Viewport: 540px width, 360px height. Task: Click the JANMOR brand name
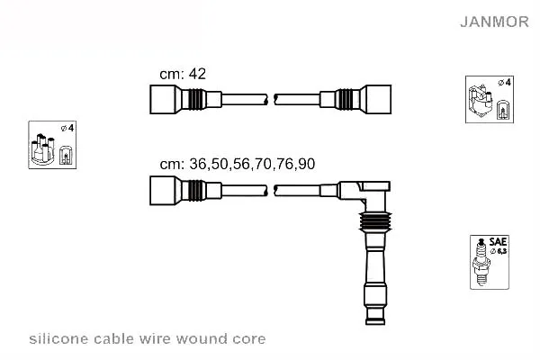494,22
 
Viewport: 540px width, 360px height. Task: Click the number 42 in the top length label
197,74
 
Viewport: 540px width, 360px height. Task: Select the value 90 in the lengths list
307,164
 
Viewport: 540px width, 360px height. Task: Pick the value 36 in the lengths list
198,164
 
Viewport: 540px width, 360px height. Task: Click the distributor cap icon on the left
52,145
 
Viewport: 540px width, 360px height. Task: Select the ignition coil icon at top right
490,100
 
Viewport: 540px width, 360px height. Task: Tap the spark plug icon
481,262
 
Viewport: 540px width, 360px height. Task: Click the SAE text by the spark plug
498,241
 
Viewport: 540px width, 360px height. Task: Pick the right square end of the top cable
378,100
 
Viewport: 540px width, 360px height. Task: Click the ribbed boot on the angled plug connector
375,221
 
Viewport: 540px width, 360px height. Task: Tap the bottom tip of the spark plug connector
375,323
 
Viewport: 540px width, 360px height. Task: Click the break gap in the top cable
271,100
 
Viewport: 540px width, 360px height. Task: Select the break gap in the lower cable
271,191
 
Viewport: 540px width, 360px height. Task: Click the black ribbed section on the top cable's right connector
344,100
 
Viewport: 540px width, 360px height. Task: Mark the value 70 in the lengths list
263,164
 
